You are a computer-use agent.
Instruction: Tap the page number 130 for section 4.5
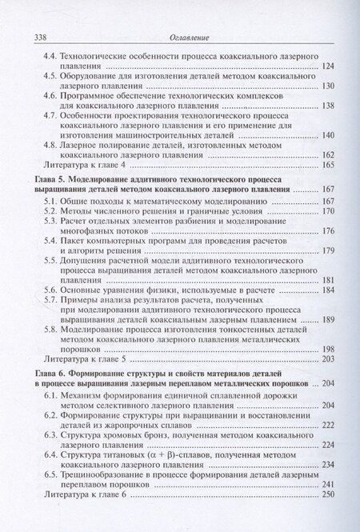point(328,86)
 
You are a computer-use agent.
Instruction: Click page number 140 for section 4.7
point(328,134)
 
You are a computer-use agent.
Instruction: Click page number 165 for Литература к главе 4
point(328,164)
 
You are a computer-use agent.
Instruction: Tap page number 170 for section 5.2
point(328,210)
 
